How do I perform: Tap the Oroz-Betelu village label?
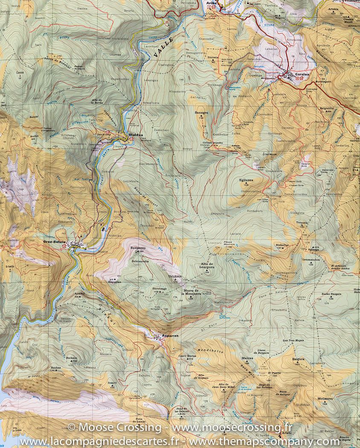[55, 242]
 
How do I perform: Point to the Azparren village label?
[169, 336]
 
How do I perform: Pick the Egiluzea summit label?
[246, 180]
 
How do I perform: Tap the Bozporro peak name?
[138, 247]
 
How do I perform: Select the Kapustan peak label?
[115, 282]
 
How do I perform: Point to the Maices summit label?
[247, 358]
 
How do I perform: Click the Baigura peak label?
[298, 359]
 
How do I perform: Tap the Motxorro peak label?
[325, 399]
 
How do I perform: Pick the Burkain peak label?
[71, 358]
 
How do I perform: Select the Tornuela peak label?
[302, 223]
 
